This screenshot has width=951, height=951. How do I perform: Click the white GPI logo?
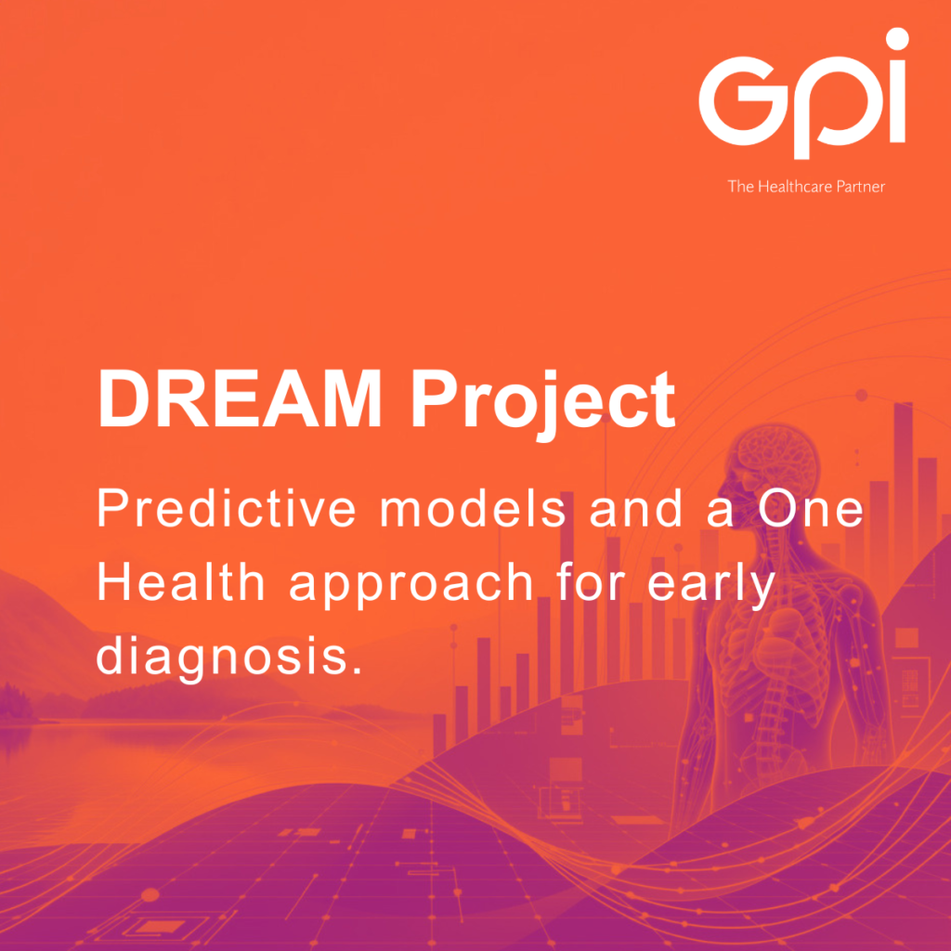click(802, 94)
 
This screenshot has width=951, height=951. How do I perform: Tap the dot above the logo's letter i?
click(897, 39)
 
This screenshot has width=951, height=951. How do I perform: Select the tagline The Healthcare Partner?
click(806, 186)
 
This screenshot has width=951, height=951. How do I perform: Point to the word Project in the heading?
click(542, 403)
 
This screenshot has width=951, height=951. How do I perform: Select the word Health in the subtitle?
click(181, 581)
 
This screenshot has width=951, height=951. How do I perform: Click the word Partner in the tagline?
click(861, 186)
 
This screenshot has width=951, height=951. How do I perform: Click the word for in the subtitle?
click(590, 581)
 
